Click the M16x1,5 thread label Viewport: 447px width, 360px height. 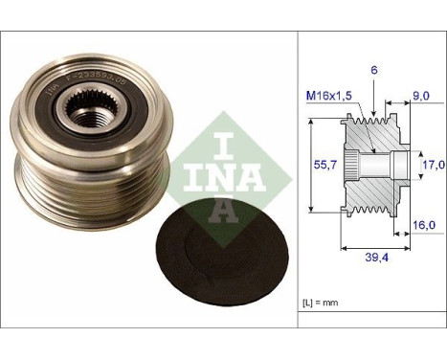[329, 94]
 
